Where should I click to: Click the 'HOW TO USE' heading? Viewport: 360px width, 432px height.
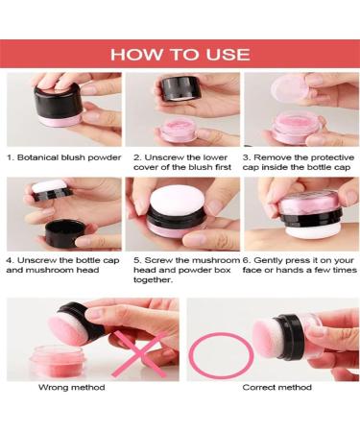point(180,53)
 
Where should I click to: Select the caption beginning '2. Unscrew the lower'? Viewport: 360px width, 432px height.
point(181,161)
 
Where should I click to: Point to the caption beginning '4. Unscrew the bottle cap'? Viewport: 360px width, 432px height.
point(62,264)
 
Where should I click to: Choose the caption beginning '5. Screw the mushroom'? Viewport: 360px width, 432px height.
point(181,269)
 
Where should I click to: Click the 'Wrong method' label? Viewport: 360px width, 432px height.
point(71,387)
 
